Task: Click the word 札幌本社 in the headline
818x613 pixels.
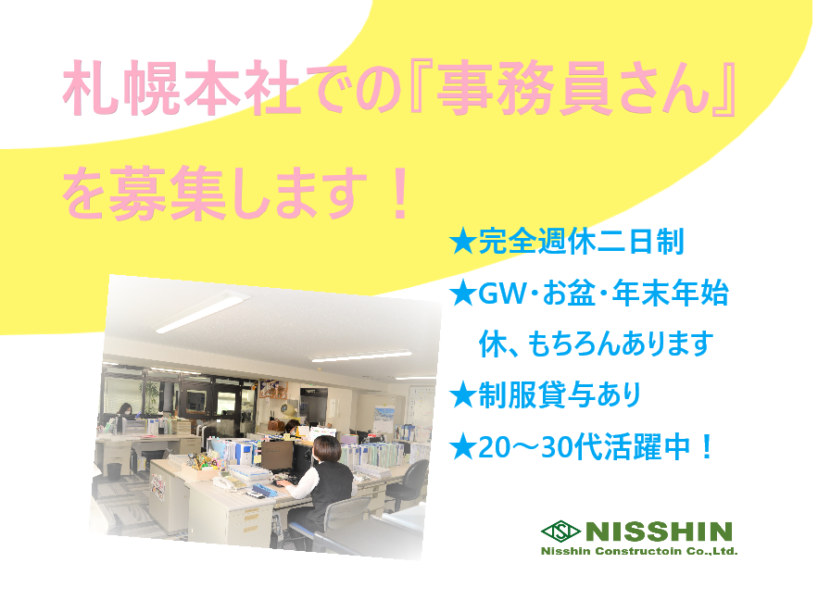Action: click(x=181, y=88)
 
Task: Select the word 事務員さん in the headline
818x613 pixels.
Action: click(x=573, y=88)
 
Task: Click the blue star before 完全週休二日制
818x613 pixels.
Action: click(x=463, y=242)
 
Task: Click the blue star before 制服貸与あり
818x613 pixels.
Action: click(x=463, y=395)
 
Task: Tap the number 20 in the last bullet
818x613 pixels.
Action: click(x=494, y=447)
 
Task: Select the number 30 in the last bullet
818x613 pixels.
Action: click(x=557, y=447)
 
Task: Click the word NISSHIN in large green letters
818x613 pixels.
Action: click(x=659, y=532)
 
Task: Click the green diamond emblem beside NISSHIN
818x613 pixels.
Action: click(x=560, y=532)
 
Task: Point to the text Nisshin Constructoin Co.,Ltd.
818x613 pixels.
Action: click(x=639, y=552)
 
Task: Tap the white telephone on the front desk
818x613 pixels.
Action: click(x=229, y=482)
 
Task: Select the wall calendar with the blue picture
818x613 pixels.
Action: click(x=384, y=418)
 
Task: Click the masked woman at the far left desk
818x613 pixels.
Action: click(x=124, y=412)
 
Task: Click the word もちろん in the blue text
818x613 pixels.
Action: click(x=573, y=344)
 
